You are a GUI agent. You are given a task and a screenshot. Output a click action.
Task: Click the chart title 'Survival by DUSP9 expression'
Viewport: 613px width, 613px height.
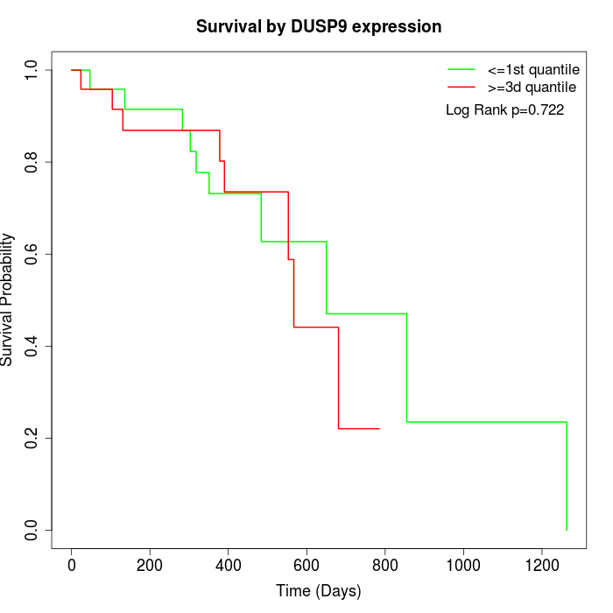point(319,26)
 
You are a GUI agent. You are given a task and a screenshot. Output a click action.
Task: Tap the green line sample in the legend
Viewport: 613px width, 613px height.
point(462,68)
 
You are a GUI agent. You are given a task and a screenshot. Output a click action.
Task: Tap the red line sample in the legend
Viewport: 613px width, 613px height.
point(462,87)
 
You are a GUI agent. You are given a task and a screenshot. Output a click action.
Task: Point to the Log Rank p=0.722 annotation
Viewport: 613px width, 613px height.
point(504,110)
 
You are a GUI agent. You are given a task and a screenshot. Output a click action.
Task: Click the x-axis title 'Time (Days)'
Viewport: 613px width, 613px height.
point(319,592)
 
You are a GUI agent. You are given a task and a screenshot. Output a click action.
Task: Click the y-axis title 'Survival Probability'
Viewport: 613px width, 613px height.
point(8,299)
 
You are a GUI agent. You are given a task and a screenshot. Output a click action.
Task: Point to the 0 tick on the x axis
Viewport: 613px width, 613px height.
point(72,563)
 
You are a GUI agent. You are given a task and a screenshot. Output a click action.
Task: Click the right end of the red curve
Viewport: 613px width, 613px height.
point(379,428)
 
